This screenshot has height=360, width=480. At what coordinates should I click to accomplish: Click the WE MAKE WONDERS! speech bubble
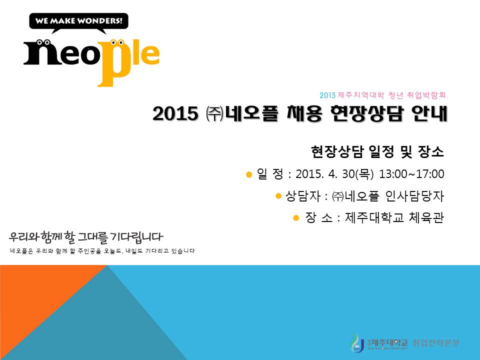(79, 21)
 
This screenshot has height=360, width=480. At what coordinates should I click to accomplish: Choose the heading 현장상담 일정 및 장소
(377, 150)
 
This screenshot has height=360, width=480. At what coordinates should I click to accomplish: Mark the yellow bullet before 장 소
(295, 217)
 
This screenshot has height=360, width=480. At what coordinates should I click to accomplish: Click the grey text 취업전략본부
(435, 343)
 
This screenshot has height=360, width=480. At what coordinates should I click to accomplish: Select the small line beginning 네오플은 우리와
(102, 250)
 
